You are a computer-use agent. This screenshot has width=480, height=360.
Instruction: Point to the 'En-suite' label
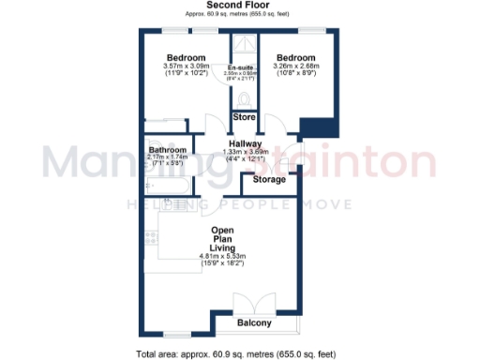pos(242,68)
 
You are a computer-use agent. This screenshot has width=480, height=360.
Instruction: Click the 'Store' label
pos(244,117)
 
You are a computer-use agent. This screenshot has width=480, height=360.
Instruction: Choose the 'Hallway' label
pos(246,143)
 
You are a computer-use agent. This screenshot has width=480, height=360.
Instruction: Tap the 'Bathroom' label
pos(168,149)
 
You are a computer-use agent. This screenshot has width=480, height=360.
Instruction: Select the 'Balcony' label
pos(254,323)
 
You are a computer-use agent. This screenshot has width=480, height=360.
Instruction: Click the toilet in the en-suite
pos(245,98)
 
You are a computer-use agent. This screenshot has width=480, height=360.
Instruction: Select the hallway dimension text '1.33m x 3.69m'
pos(246,152)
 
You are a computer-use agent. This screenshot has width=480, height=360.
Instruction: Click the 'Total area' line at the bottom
pos(239,353)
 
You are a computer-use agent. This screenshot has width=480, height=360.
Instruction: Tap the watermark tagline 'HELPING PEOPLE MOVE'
pos(239,203)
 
